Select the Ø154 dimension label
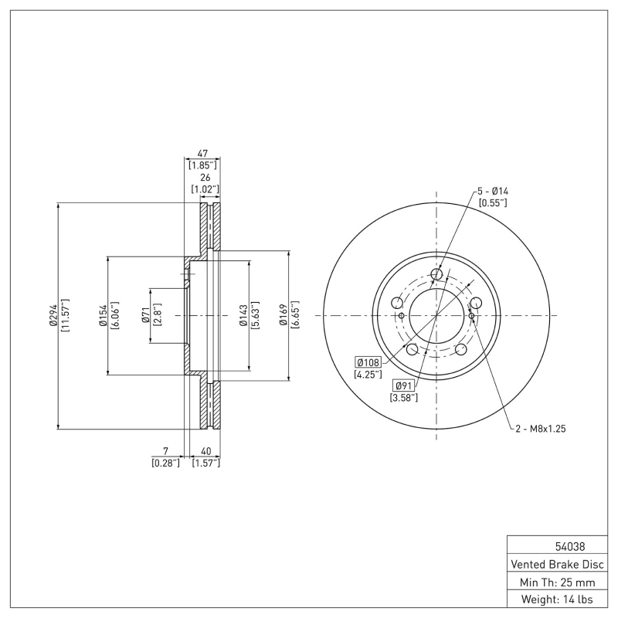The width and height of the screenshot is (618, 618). point(102,315)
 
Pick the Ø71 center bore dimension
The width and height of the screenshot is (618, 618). point(144,315)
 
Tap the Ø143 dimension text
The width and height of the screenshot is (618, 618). point(243,315)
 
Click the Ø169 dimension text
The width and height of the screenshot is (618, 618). point(284,315)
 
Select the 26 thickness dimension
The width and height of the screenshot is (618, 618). point(205,178)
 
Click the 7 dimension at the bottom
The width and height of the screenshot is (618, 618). point(165,451)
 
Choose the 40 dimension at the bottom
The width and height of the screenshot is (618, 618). point(205,451)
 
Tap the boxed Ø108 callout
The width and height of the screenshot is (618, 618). point(368,362)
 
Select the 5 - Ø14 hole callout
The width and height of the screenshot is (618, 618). point(492,191)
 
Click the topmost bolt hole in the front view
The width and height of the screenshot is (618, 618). point(436,274)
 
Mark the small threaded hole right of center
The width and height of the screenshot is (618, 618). point(471,315)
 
